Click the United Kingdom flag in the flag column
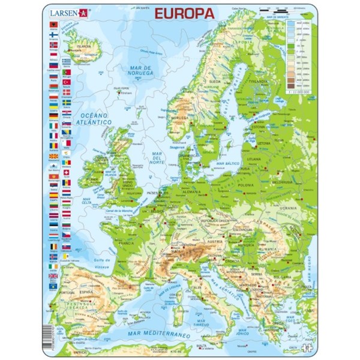click(53, 277)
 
